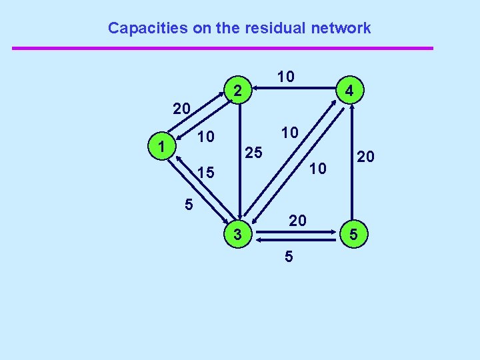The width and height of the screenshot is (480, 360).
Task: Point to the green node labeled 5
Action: pyautogui.click(x=354, y=234)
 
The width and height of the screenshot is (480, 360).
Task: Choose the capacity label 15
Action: pyautogui.click(x=207, y=173)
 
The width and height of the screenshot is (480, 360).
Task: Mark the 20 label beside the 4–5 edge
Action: pyautogui.click(x=365, y=157)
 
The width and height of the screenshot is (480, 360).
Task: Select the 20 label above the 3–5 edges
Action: pyautogui.click(x=297, y=219)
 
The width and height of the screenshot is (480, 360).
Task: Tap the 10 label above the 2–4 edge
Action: pyautogui.click(x=285, y=77)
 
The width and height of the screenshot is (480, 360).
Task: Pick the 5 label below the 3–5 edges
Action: pyautogui.click(x=288, y=256)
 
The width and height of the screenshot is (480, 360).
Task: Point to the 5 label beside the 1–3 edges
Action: pyautogui.click(x=189, y=204)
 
